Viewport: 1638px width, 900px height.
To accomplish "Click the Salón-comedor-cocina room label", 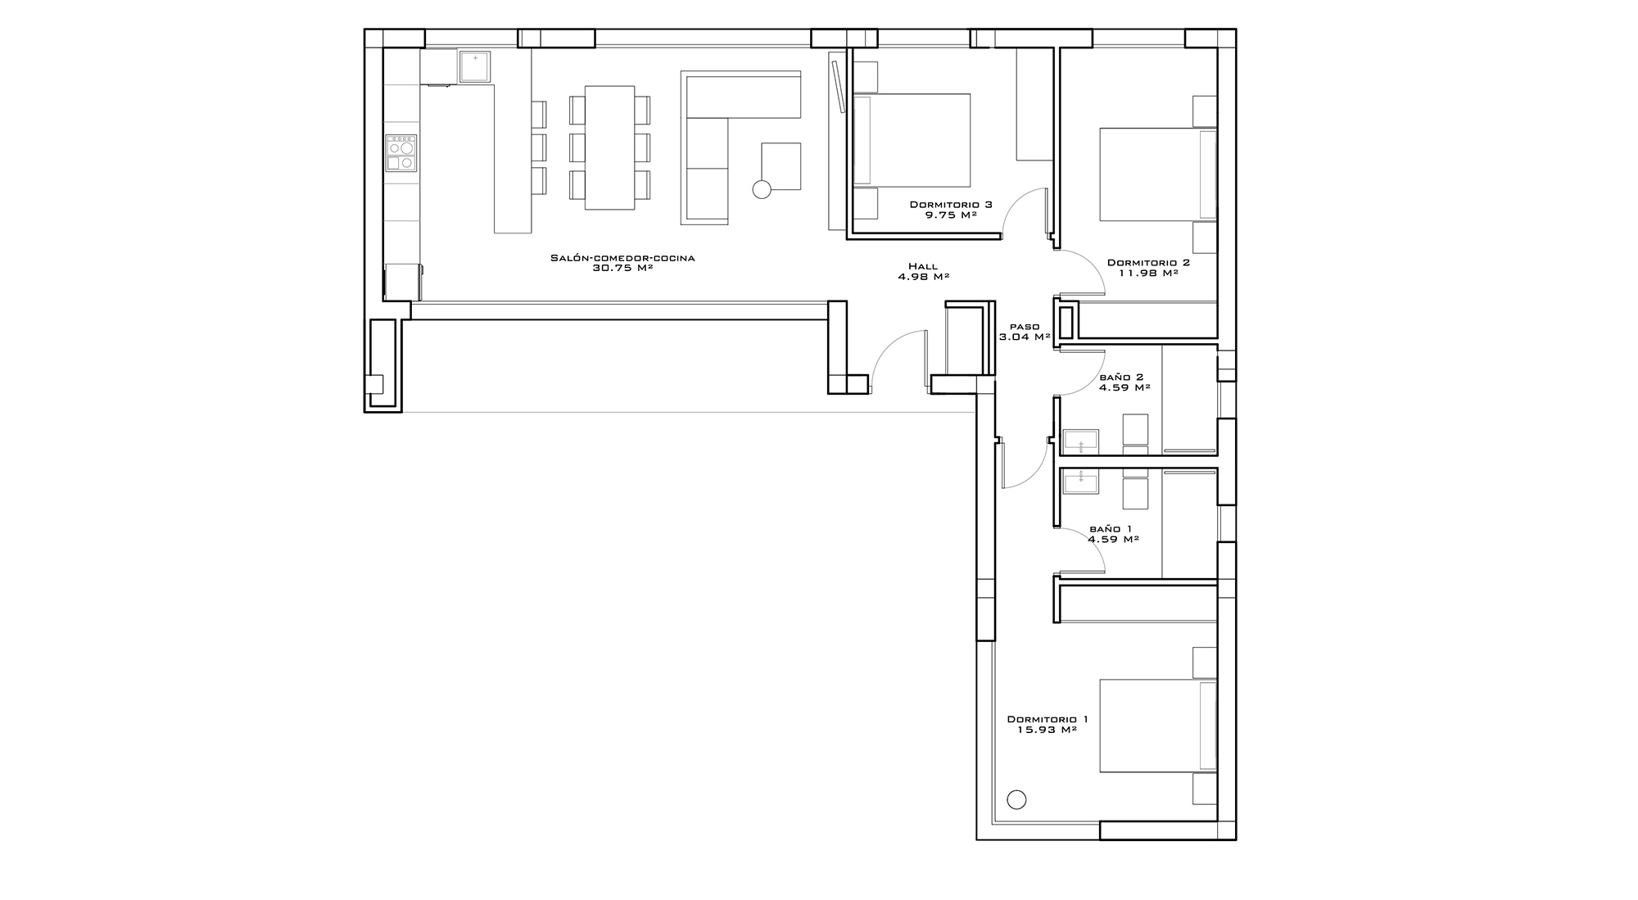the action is click(x=622, y=258).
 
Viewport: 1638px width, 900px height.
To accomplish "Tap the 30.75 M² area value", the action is click(x=622, y=268).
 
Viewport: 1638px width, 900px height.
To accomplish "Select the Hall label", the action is click(x=923, y=266).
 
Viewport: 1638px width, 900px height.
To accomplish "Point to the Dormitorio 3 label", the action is click(x=951, y=205).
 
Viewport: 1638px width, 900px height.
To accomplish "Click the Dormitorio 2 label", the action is click(x=1148, y=263).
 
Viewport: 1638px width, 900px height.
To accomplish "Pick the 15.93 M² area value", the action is click(x=1047, y=730).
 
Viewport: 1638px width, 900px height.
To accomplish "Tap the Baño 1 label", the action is click(x=1111, y=529).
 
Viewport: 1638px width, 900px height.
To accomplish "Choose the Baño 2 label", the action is click(x=1121, y=378).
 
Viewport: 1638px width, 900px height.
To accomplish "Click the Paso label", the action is click(x=1025, y=327).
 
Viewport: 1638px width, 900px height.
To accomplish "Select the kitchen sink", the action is click(x=475, y=66).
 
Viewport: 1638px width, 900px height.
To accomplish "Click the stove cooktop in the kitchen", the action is click(x=401, y=153).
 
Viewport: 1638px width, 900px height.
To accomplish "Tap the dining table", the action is click(x=609, y=148).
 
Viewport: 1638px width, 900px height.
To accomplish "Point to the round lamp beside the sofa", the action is click(x=762, y=190).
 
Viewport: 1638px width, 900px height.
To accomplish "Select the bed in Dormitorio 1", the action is click(x=1157, y=726).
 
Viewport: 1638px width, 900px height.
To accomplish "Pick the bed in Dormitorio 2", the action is click(x=1157, y=174).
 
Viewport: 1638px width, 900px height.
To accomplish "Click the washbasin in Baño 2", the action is click(x=1081, y=442).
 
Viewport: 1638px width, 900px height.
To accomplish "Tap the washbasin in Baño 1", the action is click(x=1081, y=482).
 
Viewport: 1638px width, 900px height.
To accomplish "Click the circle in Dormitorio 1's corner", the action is click(x=1016, y=800).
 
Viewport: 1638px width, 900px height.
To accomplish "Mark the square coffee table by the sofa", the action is click(x=781, y=166).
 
